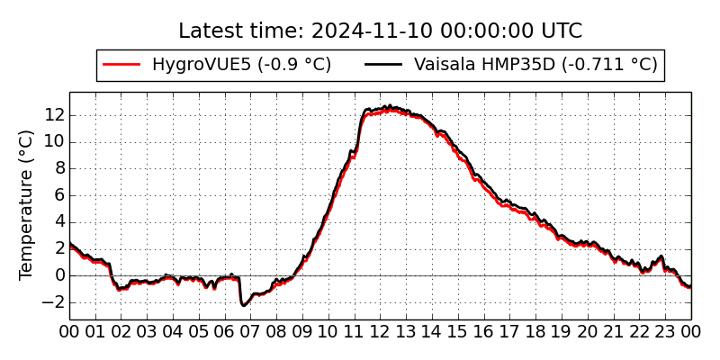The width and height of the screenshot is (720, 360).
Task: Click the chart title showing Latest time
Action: pos(380,31)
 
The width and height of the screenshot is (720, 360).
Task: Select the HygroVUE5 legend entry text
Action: pos(241,65)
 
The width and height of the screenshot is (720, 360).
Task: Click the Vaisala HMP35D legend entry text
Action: pos(535,65)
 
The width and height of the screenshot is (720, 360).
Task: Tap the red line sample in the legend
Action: pos(122,65)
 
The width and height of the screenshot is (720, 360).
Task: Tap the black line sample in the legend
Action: pos(384,65)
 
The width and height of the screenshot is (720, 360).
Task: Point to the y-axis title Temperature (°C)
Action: pos(26,204)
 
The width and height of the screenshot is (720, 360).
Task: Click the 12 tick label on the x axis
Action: pos(381,331)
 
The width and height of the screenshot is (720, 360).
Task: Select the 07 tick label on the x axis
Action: pos(251,331)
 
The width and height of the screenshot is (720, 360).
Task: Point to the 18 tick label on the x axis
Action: pos(536,331)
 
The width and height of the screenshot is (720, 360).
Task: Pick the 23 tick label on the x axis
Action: pos(666,331)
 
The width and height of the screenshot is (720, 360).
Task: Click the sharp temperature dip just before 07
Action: pos(243,305)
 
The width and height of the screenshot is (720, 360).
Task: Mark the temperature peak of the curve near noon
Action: pos(388,107)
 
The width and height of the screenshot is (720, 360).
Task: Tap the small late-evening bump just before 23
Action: pos(661,257)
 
